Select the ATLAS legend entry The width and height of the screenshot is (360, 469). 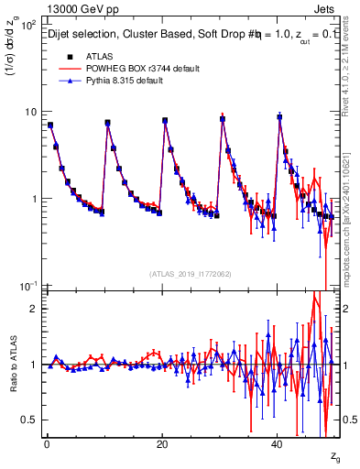pos(100,56)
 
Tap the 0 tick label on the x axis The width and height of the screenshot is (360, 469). pos(46,442)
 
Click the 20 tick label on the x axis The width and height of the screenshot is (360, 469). pos(161,442)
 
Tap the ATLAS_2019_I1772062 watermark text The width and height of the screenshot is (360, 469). pos(191,274)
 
